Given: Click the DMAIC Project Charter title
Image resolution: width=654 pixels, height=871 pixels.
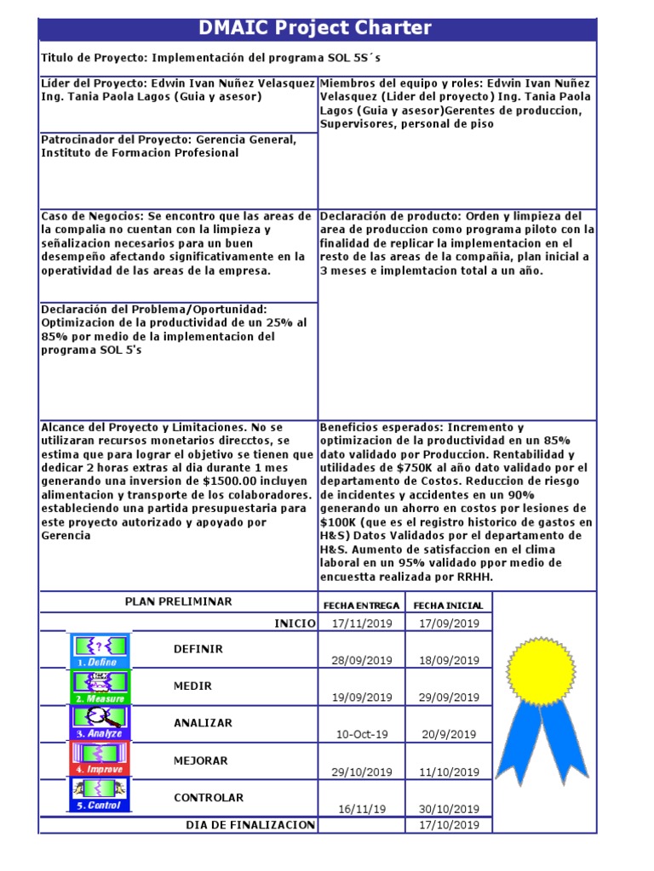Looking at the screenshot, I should coord(315,28).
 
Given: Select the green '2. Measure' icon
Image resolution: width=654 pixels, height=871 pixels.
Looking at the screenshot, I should coord(99,687).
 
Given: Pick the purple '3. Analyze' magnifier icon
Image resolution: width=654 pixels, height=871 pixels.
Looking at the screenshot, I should coord(99,723).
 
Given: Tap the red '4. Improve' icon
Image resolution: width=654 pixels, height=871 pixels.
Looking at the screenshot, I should coord(99,759).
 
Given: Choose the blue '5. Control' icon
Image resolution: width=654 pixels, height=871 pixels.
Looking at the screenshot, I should coord(99,794).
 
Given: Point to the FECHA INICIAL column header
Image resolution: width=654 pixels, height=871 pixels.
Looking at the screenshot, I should coord(448,605).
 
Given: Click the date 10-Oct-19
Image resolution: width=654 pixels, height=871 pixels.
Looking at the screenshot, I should coord(362,734).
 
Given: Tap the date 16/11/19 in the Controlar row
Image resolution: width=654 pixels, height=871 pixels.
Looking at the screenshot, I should coord(362,809).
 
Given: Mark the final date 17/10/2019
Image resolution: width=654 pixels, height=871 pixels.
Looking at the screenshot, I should coord(449,825).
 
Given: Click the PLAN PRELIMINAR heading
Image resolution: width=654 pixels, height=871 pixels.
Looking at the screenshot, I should coord(178,601).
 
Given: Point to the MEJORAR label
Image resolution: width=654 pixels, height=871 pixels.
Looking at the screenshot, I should coord(200,760).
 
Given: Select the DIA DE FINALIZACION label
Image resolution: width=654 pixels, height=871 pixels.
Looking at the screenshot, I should coord(250,825).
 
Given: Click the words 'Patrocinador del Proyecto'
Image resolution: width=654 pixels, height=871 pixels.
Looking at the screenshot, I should coord(115,139).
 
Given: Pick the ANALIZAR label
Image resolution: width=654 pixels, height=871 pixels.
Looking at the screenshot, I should coord(203,723).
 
